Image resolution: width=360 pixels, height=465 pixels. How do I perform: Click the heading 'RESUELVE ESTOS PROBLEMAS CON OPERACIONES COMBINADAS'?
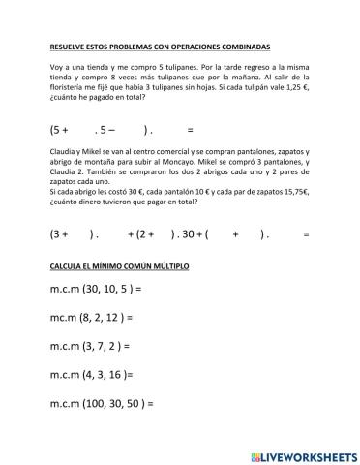tap(160, 46)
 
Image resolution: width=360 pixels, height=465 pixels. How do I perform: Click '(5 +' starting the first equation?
tap(59, 129)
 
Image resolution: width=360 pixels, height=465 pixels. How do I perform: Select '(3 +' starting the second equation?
tap(59, 234)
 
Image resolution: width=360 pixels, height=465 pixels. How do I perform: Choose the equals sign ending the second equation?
tap(306, 234)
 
